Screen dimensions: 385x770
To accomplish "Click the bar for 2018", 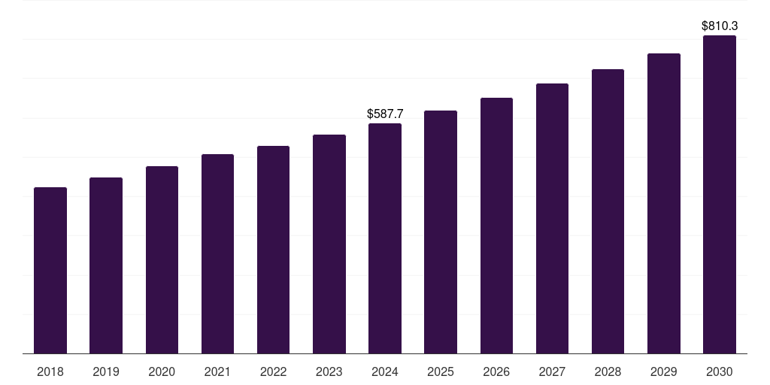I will [x=50, y=271].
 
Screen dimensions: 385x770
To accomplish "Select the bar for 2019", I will [x=106, y=265].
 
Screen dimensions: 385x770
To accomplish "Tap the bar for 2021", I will [x=217, y=254].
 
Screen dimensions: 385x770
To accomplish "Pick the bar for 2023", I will [x=329, y=244].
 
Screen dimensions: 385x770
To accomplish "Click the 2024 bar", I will [x=385, y=238].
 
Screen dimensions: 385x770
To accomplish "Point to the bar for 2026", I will [x=496, y=226].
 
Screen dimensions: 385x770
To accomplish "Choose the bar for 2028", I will [x=608, y=211].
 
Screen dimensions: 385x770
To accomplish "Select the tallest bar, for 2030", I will [x=720, y=195].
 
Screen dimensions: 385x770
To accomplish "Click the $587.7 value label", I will [x=385, y=114].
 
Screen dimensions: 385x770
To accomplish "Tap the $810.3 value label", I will [x=720, y=26].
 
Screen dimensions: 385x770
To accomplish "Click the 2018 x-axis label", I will [x=50, y=371].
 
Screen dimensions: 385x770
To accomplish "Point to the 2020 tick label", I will [x=162, y=371].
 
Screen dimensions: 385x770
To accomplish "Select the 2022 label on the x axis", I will [x=273, y=371].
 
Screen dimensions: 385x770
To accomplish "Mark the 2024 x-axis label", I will [x=385, y=371].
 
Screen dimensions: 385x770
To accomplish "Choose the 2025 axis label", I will [x=441, y=371].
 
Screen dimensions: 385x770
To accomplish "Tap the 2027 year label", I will [x=552, y=371].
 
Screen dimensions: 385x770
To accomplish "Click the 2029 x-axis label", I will [x=663, y=371].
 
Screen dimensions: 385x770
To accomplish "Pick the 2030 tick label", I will [x=720, y=371].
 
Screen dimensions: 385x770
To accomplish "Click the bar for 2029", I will [x=663, y=204].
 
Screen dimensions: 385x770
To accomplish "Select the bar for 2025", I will [x=441, y=232].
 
